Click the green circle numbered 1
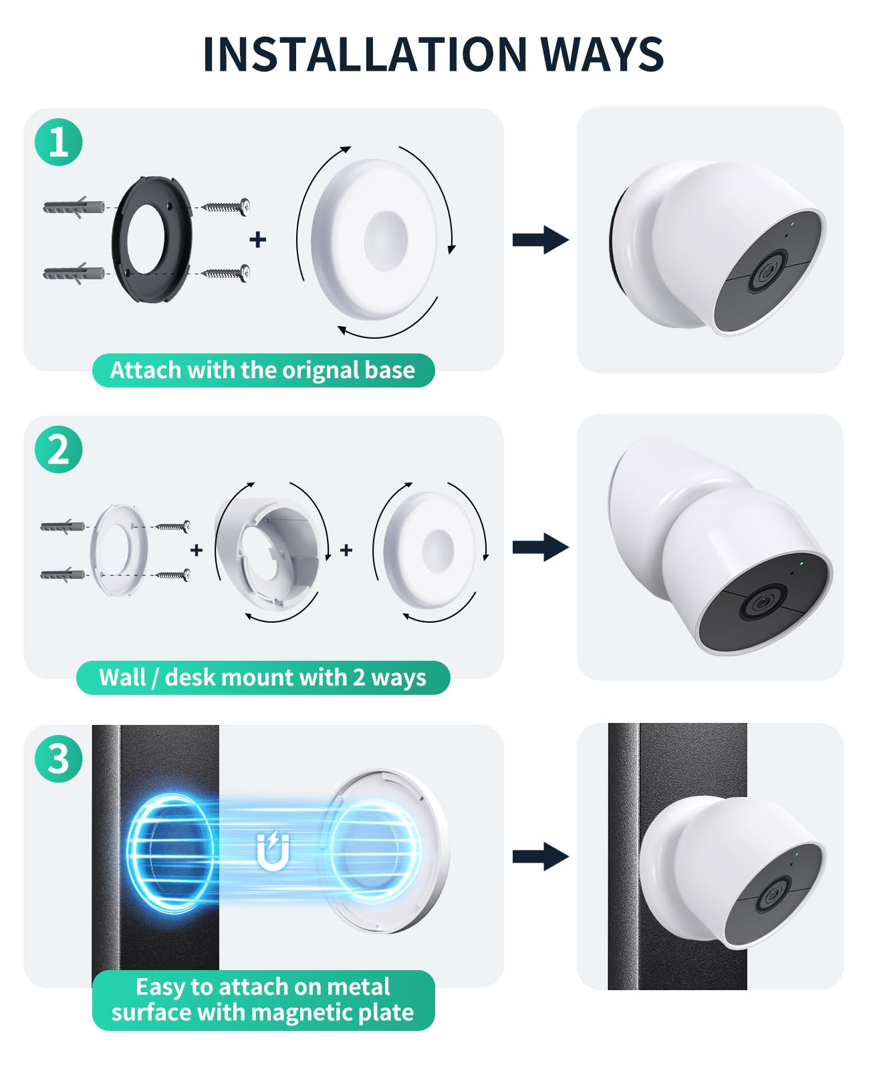click(58, 142)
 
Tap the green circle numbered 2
click(58, 449)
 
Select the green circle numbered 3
click(58, 758)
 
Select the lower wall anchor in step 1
click(74, 273)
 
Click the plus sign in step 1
click(257, 239)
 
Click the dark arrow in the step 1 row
click(540, 240)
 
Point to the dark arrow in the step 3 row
click(540, 857)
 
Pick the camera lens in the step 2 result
click(761, 603)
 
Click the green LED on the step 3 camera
click(797, 851)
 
